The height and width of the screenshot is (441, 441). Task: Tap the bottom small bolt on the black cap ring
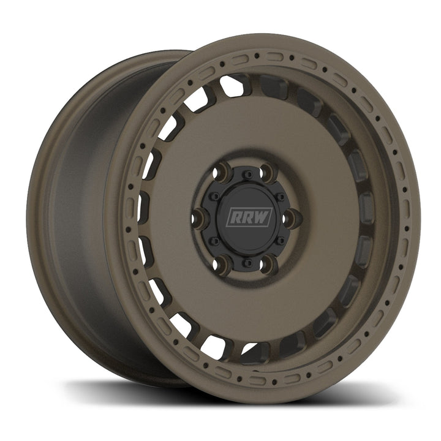(246, 262)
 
